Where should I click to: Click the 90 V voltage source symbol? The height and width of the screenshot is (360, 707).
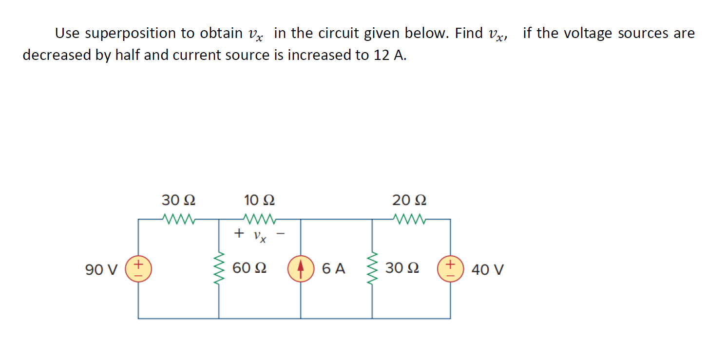(138, 269)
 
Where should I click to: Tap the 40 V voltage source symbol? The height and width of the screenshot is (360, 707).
(449, 269)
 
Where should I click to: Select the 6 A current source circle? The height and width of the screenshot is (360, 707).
(300, 269)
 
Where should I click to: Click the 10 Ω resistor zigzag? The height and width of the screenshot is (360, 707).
(260, 219)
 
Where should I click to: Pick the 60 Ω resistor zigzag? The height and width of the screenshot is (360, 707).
(219, 269)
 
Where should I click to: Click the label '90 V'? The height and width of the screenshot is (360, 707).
(101, 269)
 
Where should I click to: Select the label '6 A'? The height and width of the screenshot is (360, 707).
(334, 268)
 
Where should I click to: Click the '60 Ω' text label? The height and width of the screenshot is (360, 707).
(249, 268)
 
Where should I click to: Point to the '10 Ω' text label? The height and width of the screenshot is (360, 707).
(259, 200)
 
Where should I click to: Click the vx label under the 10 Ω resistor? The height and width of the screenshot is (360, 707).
(260, 236)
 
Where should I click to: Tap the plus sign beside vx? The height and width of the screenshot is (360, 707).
(239, 234)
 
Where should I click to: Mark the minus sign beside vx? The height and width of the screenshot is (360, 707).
(281, 235)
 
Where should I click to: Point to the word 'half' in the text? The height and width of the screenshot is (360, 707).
(129, 55)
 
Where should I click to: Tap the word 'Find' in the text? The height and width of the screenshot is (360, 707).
(468, 34)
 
